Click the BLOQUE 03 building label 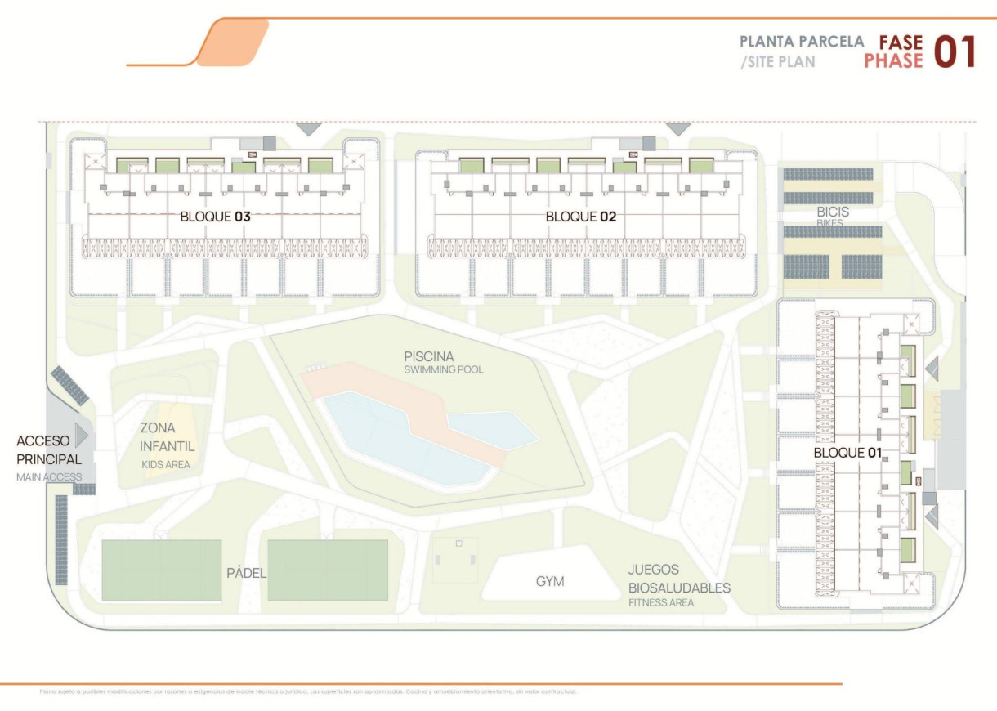[x=216, y=217]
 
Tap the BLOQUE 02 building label [x=580, y=217]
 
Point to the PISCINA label [x=428, y=356]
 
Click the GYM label [x=550, y=582]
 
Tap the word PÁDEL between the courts [x=246, y=573]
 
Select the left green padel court [x=161, y=570]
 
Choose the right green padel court [x=327, y=570]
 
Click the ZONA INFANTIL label [x=167, y=436]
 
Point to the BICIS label [x=833, y=212]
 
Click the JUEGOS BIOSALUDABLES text [x=678, y=579]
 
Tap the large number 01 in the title [x=955, y=51]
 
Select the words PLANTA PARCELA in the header [x=801, y=41]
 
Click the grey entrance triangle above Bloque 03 [x=309, y=129]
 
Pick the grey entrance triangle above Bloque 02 [x=678, y=129]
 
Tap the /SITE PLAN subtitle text [x=777, y=61]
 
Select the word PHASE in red [x=893, y=60]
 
